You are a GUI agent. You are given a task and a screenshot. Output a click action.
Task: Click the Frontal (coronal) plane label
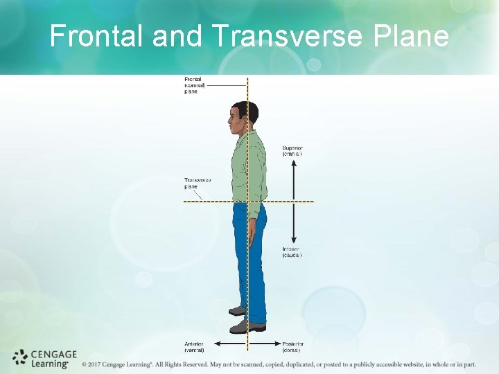point(193,85)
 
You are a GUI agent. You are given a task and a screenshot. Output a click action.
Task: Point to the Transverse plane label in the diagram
point(197,183)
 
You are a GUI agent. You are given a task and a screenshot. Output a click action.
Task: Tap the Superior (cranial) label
point(292,150)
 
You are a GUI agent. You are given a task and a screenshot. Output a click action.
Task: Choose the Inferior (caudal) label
point(292,251)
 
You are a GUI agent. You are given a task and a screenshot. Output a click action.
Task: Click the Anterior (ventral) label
point(194,346)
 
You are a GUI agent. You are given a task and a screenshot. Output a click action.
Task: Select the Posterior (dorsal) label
point(292,346)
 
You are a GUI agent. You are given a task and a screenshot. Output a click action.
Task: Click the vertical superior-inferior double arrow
point(294,201)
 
